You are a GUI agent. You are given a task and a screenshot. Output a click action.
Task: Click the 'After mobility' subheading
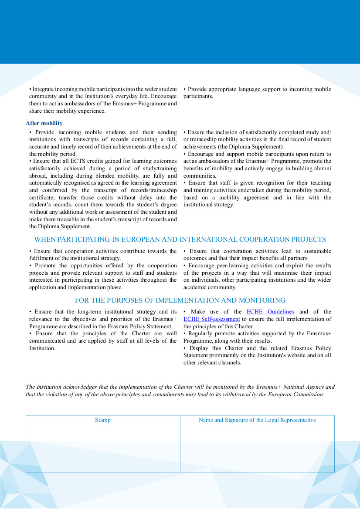point(44,123)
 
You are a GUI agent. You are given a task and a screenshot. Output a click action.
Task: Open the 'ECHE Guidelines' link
point(270,312)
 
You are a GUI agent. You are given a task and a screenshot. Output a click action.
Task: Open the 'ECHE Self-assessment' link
point(212,319)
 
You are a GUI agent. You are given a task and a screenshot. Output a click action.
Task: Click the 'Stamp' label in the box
point(103,420)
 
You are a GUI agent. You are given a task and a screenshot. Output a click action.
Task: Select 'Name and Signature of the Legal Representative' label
point(257,420)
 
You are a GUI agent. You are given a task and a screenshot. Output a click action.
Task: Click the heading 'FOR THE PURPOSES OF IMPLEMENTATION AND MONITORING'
point(180,300)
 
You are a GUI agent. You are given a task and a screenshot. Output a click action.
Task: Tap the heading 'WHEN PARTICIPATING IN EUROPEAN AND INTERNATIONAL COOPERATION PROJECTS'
point(180,239)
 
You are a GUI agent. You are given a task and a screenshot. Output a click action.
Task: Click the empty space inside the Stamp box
point(103,448)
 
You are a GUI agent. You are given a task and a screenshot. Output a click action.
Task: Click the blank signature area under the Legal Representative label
point(257,448)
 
